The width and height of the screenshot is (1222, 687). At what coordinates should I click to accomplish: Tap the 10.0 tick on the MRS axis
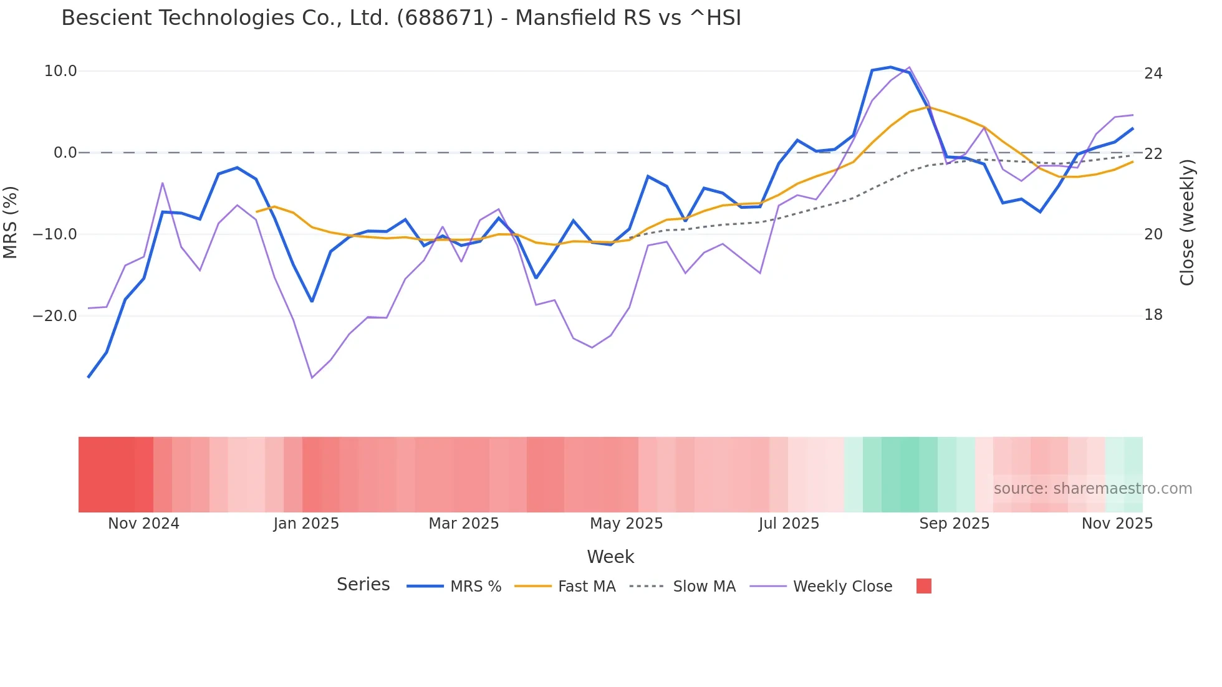pyautogui.click(x=60, y=71)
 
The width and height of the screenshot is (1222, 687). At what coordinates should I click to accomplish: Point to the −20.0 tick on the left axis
pyautogui.click(x=55, y=316)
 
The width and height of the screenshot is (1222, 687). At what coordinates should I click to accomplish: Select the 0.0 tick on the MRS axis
pyautogui.click(x=65, y=153)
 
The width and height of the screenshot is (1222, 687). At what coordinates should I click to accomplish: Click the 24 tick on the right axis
pyautogui.click(x=1153, y=74)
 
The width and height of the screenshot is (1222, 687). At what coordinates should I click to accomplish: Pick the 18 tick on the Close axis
pyautogui.click(x=1153, y=315)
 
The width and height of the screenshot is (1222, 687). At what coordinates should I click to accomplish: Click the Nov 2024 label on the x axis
pyautogui.click(x=143, y=524)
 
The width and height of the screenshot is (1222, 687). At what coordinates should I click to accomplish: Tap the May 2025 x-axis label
pyautogui.click(x=626, y=524)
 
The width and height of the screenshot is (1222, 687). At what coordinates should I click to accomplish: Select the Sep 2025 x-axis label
pyautogui.click(x=954, y=524)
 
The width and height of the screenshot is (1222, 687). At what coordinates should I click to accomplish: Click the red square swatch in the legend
pyautogui.click(x=923, y=586)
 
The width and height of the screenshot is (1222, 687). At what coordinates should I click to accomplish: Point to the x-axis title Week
pyautogui.click(x=610, y=557)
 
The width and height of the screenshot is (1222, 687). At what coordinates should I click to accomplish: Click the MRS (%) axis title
pyautogui.click(x=11, y=222)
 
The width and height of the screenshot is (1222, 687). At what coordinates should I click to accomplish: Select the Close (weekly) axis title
pyautogui.click(x=1186, y=222)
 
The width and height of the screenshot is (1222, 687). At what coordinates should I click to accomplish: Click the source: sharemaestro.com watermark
pyautogui.click(x=1092, y=489)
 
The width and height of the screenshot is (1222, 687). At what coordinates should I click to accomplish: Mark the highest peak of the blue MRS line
pyautogui.click(x=890, y=67)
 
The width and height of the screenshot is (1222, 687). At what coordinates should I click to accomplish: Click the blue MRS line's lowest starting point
pyautogui.click(x=89, y=377)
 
